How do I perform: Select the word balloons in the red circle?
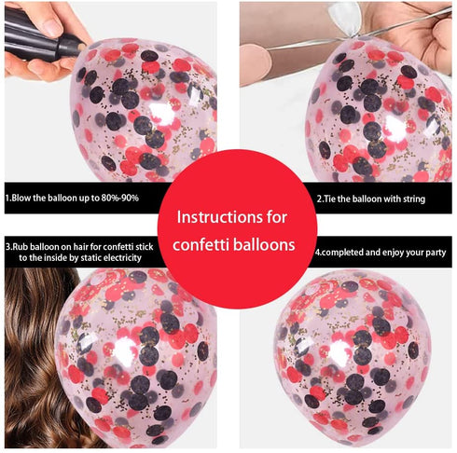(264, 245)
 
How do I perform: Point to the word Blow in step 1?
(21, 198)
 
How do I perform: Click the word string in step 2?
(414, 199)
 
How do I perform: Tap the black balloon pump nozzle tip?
(81, 48)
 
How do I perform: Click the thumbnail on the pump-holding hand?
(52, 26)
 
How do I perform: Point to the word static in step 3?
(91, 258)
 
